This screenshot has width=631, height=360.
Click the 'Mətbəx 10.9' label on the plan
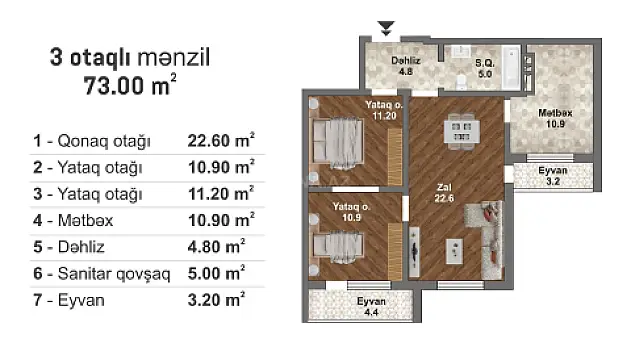553,118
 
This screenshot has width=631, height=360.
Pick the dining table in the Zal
461,129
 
